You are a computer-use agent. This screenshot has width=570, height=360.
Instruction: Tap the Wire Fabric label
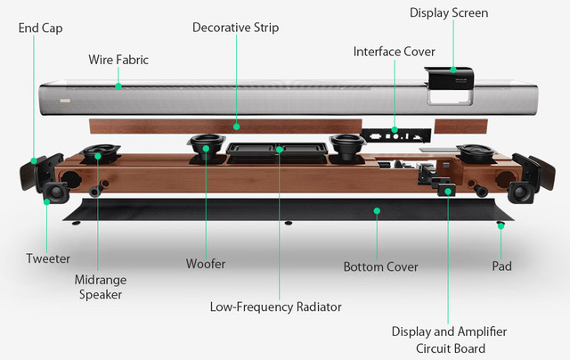point(118,60)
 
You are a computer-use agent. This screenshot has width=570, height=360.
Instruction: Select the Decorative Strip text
point(235,28)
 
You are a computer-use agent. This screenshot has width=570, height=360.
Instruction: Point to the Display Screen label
point(449,12)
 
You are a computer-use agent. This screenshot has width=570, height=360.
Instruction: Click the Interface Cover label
point(394,52)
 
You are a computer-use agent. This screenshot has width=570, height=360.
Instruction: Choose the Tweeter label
point(47,258)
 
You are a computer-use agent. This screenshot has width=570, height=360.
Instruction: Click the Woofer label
point(205,264)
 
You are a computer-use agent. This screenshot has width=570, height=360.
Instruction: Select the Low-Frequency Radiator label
point(276,307)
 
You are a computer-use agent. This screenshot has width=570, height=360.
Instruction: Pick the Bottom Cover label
point(380,266)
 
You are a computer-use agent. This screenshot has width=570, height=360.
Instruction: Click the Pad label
point(501,266)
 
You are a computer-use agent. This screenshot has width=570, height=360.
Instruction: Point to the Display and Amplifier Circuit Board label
point(449,340)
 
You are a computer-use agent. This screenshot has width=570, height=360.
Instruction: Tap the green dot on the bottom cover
point(377,212)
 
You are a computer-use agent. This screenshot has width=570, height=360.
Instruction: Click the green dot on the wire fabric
point(118,86)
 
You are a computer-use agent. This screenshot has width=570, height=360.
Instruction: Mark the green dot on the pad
point(501,226)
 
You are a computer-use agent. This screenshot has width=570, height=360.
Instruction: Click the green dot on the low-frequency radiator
point(279,150)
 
